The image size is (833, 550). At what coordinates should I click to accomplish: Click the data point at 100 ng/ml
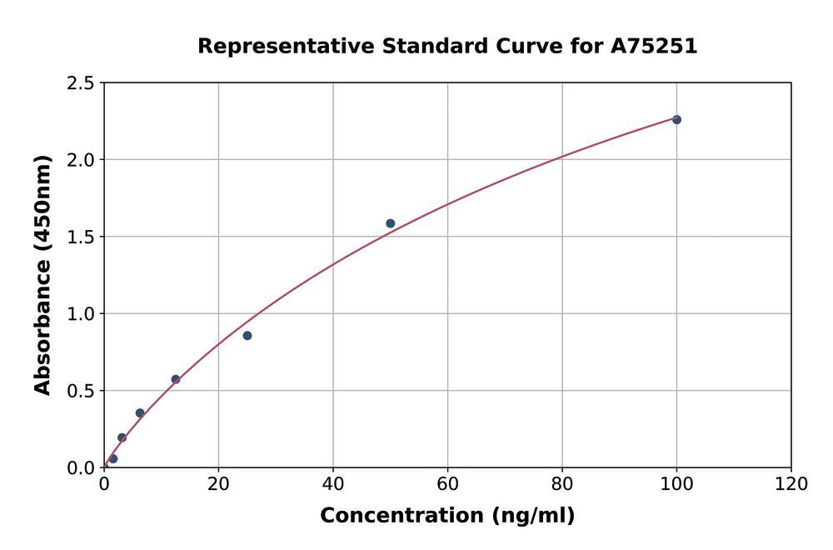(676, 120)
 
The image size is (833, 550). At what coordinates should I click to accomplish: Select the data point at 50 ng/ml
(390, 223)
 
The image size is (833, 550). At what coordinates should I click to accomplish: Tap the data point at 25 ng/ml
(247, 336)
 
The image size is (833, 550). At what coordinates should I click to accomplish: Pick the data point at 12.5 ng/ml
(176, 379)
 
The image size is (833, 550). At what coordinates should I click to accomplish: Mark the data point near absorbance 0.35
(140, 413)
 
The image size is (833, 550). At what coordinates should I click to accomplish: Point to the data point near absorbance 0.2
(122, 437)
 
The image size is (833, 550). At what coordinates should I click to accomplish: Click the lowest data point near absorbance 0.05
(113, 459)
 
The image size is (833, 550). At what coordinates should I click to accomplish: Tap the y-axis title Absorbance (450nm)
(42, 275)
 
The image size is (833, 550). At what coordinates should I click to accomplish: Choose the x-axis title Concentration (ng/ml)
(447, 516)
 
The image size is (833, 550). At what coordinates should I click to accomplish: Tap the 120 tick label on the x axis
(791, 484)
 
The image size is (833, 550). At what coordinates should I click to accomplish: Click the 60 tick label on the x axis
(447, 484)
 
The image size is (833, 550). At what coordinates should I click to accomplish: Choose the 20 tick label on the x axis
(218, 484)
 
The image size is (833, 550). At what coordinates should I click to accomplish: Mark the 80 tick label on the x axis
(562, 484)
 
